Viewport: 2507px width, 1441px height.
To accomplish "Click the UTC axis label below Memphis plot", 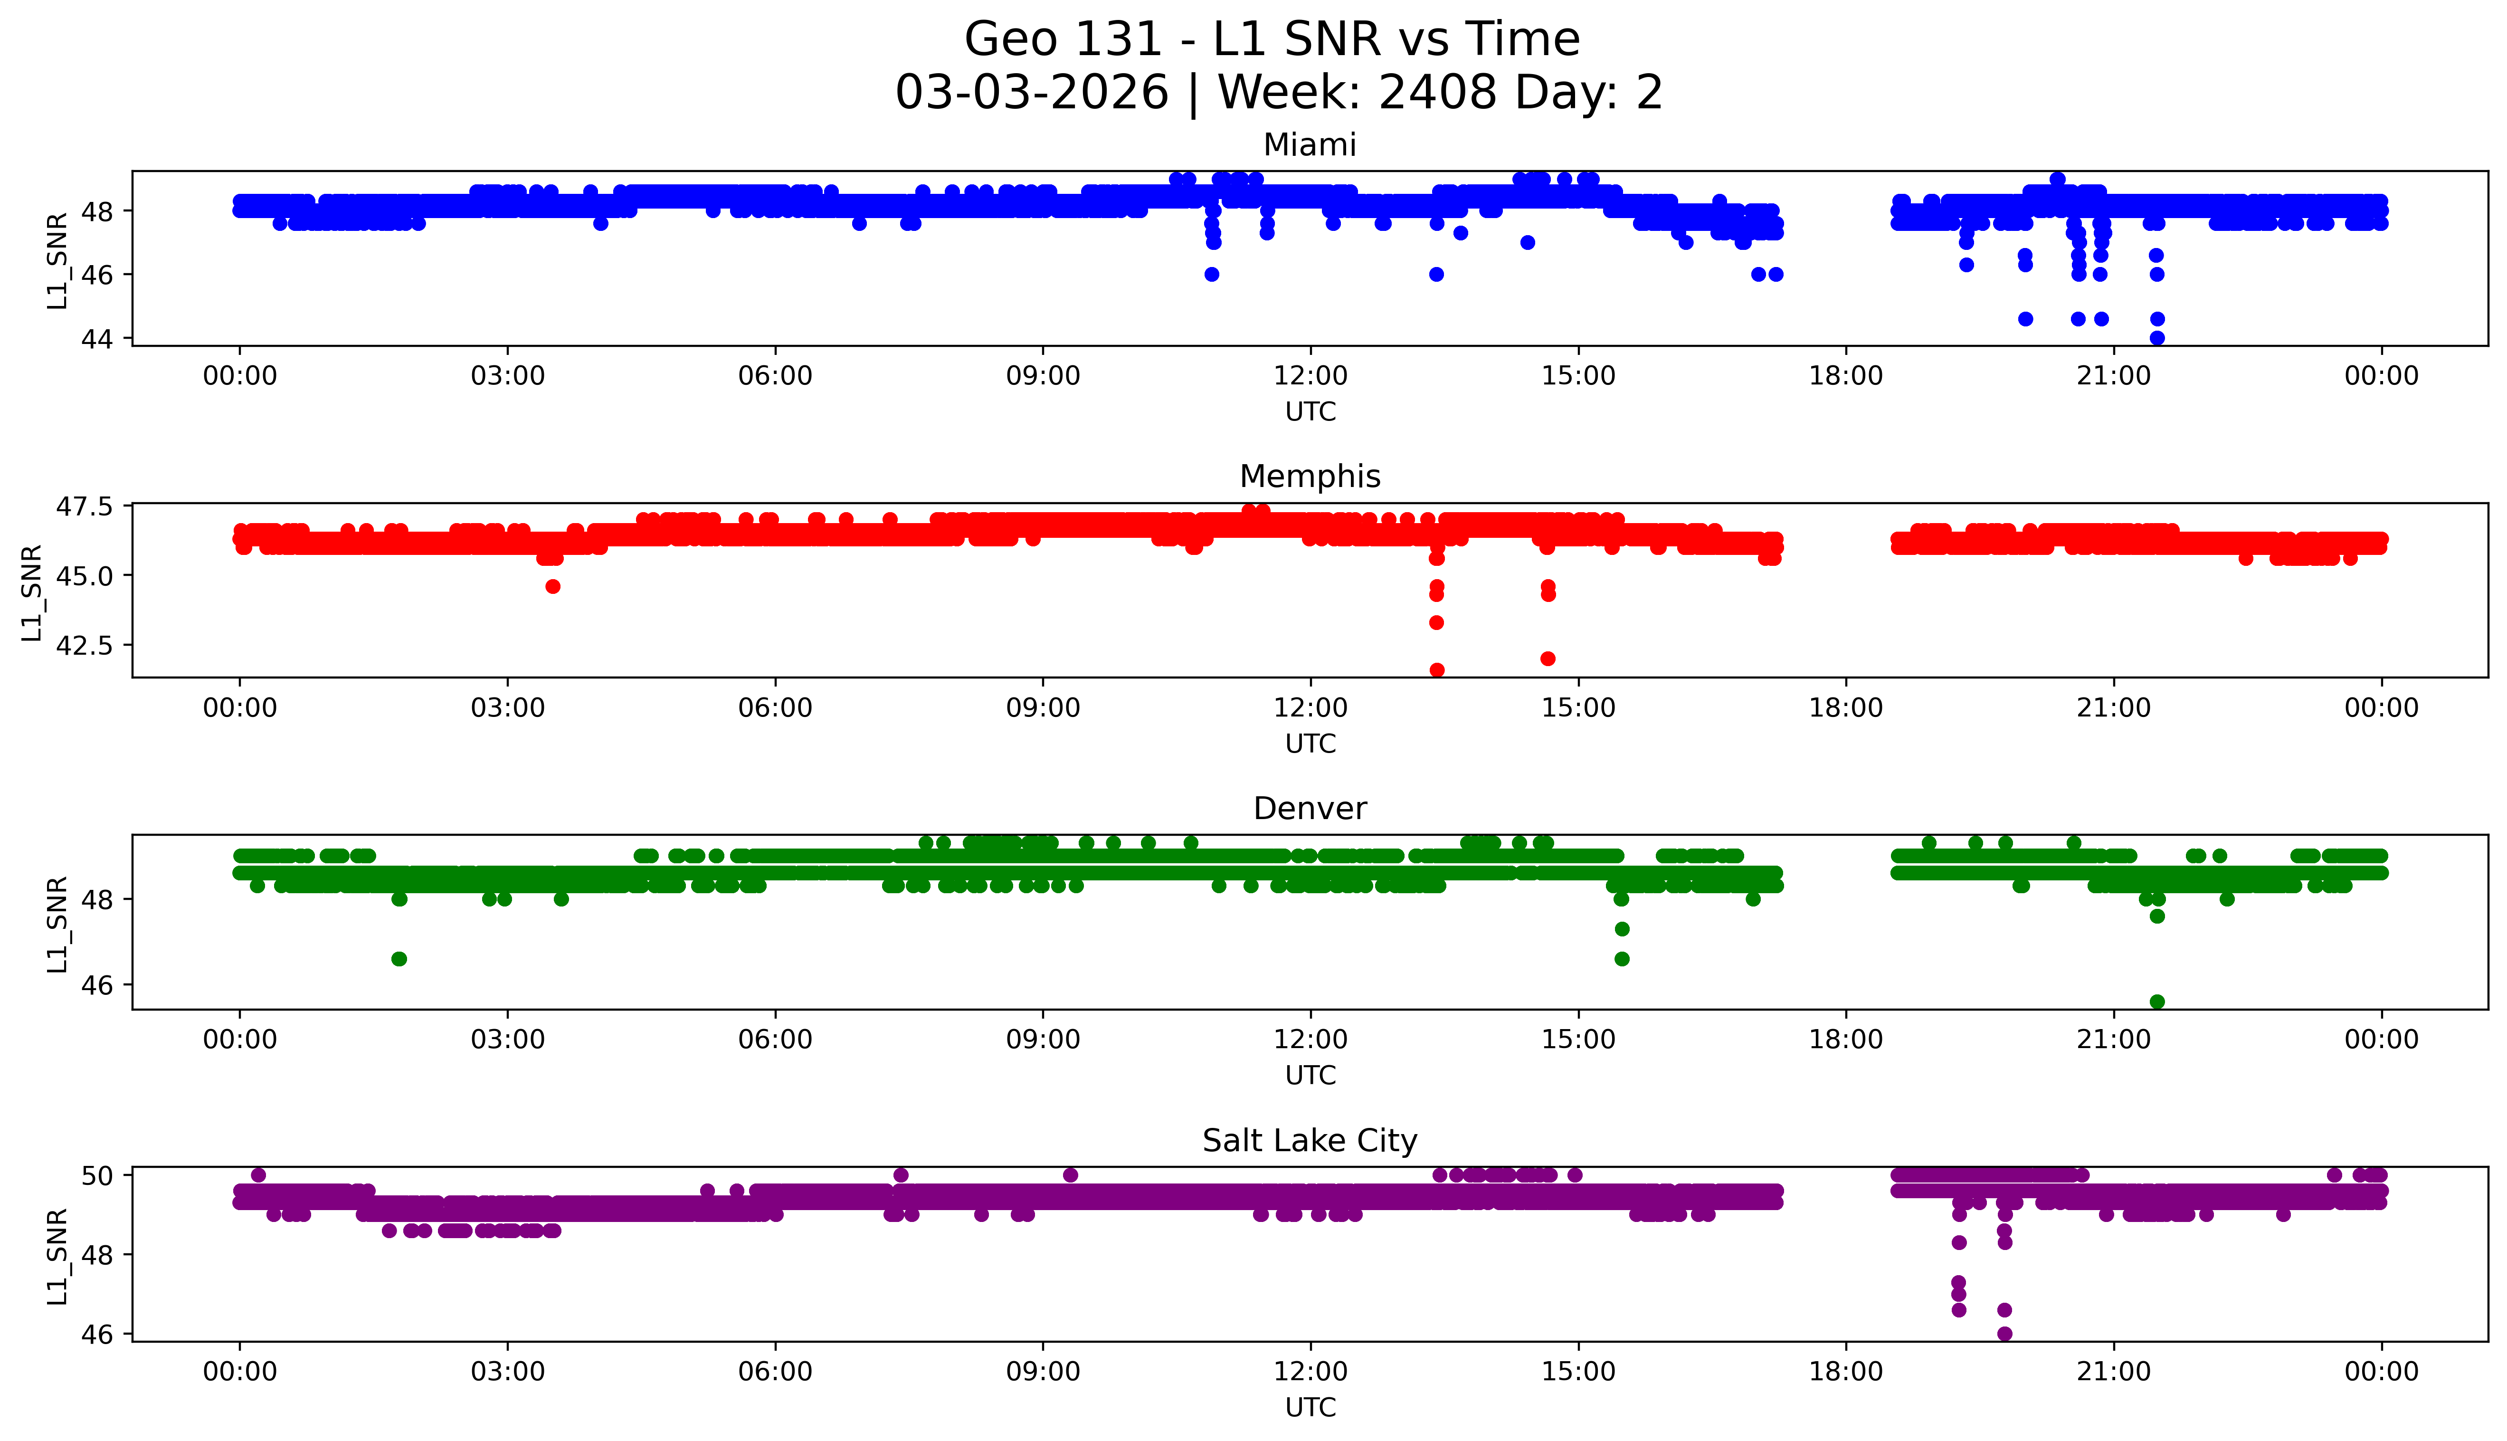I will (x=1310, y=743).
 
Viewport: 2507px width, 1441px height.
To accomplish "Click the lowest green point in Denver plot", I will (x=2157, y=1002).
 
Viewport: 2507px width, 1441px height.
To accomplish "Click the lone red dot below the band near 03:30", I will (x=553, y=587).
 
